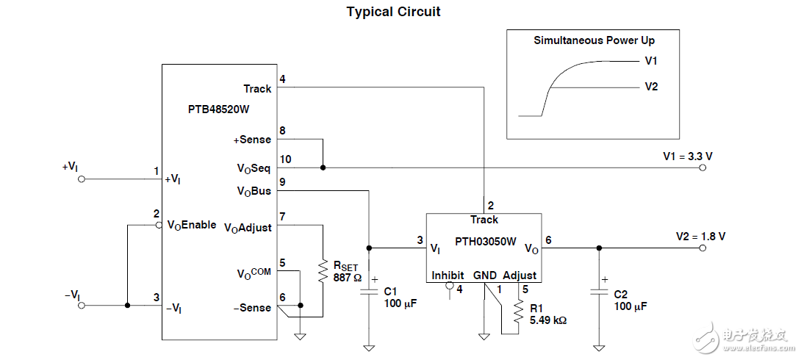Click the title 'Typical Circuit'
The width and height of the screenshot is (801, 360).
point(393,12)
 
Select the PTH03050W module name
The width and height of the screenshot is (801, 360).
point(485,240)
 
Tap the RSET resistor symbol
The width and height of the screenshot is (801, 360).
point(322,270)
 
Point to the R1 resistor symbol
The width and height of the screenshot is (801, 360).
point(518,313)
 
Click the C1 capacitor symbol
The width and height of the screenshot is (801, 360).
point(369,293)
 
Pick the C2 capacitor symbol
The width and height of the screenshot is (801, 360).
point(599,293)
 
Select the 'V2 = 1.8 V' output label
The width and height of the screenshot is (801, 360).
point(700,237)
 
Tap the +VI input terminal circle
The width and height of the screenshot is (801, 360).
point(81,179)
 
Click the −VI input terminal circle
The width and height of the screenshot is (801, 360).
point(81,305)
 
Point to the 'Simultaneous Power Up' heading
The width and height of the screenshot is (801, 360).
point(594,40)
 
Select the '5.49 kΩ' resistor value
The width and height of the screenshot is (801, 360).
point(547,320)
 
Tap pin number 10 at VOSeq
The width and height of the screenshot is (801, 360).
point(285,159)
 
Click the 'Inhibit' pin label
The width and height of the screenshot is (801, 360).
point(448,276)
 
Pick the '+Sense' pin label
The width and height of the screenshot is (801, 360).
point(252,140)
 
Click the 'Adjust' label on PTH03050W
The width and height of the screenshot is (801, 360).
point(520,276)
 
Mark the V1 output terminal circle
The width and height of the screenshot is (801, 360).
point(703,168)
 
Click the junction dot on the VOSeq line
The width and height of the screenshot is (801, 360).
point(323,168)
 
